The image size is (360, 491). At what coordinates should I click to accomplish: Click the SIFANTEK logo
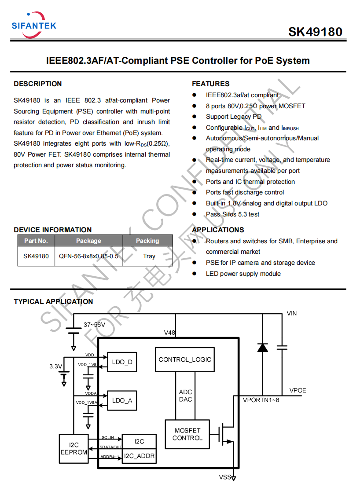[34, 25]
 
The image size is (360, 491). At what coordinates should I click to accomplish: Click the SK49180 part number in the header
[315, 32]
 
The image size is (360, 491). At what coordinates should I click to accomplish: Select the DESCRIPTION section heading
[37, 84]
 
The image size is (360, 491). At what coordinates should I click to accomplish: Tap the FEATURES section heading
[210, 84]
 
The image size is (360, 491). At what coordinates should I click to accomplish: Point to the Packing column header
[147, 241]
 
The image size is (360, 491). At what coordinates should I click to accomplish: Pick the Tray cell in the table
[149, 256]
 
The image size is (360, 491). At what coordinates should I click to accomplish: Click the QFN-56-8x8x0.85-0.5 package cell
[88, 256]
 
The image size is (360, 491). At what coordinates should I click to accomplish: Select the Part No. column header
[36, 241]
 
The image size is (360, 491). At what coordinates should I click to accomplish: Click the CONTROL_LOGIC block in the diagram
[185, 359]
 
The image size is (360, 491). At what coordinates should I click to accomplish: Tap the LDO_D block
[122, 362]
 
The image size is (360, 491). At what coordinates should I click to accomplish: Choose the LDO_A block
[122, 400]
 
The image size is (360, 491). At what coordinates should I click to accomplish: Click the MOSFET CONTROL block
[187, 434]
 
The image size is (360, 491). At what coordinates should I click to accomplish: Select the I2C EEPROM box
[73, 449]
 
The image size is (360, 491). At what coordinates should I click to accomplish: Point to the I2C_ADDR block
[139, 456]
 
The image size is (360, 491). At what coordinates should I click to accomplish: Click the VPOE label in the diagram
[298, 391]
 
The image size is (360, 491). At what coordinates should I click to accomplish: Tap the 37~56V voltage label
[94, 325]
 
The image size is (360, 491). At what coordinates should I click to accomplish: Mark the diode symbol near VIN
[263, 348]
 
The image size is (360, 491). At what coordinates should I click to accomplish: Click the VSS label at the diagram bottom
[224, 477]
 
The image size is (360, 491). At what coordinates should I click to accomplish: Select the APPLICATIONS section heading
[218, 230]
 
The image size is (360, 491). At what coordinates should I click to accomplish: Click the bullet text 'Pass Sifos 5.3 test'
[232, 214]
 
